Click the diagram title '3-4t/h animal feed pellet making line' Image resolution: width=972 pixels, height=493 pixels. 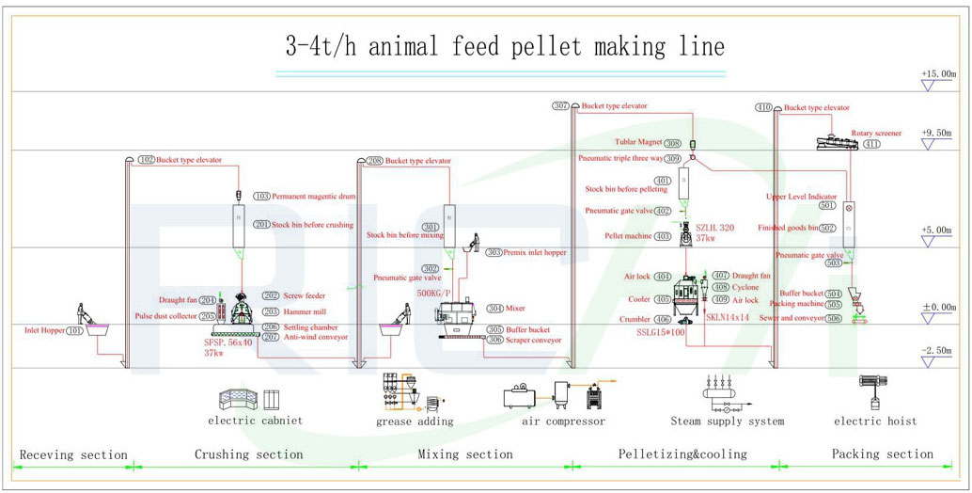pos(505,45)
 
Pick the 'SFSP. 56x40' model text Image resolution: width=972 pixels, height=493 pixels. pos(228,342)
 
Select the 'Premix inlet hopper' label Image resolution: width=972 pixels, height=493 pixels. pos(540,252)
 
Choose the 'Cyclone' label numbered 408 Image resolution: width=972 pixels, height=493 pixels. pos(746,287)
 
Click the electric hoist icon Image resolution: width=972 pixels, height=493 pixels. pos(875,394)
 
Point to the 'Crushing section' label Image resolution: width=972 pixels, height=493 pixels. pos(248,454)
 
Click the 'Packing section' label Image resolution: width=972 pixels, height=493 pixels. pos(883,454)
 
